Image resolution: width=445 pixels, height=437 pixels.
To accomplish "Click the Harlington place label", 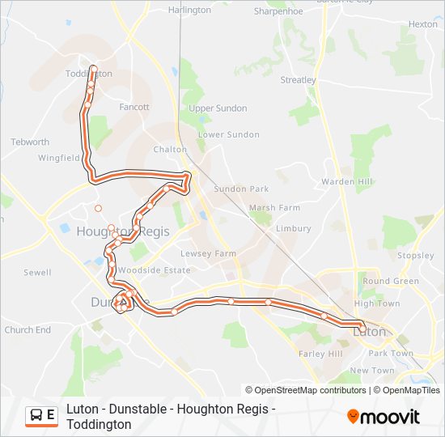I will pyautogui.click(x=189, y=11).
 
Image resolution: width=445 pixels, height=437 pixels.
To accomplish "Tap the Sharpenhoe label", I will pyautogui.click(x=278, y=11).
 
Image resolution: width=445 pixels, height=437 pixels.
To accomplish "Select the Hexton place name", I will pyautogui.click(x=422, y=24).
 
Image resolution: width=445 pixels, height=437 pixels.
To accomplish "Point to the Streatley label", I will pyautogui.click(x=298, y=80).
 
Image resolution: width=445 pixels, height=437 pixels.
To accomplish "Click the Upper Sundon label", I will pyautogui.click(x=218, y=108).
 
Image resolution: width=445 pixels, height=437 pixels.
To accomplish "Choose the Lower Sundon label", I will pyautogui.click(x=228, y=134).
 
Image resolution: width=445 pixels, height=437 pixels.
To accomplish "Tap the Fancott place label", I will pyautogui.click(x=133, y=107).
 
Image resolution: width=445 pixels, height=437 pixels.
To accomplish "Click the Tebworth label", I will pyautogui.click(x=30, y=142).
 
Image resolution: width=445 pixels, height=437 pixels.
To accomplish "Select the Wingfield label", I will pyautogui.click(x=58, y=158).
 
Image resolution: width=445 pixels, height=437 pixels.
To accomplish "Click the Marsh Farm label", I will pyautogui.click(x=274, y=208).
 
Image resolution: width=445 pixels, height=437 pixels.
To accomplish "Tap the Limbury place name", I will pyautogui.click(x=293, y=229).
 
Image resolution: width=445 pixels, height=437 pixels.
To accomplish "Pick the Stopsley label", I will pyautogui.click(x=416, y=256).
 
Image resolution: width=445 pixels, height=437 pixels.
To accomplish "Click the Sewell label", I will pyautogui.click(x=37, y=273).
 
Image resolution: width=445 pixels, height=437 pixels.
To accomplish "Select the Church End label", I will pyautogui.click(x=28, y=330).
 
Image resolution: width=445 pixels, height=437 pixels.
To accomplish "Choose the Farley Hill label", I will pyautogui.click(x=321, y=354).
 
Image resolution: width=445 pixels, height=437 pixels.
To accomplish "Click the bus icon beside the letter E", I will pyautogui.click(x=36, y=416).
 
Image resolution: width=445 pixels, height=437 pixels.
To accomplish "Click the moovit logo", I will pyautogui.click(x=384, y=417).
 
